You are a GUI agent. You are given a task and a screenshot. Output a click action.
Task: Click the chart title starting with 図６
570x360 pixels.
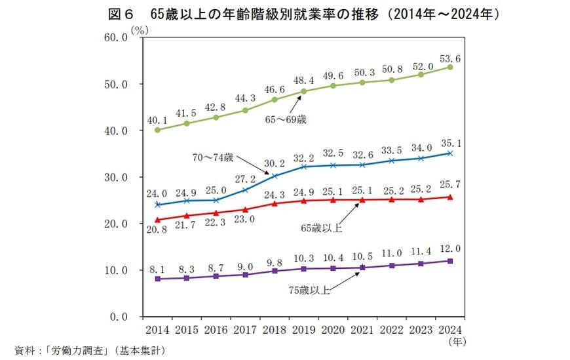pyautogui.click(x=285, y=13)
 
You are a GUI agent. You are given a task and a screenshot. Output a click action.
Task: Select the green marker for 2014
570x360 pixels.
pyautogui.click(x=157, y=130)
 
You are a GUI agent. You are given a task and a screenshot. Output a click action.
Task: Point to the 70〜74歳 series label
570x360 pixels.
pyautogui.click(x=212, y=157)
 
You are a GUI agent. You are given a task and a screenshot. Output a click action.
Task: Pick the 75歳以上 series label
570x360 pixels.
pyautogui.click(x=310, y=289)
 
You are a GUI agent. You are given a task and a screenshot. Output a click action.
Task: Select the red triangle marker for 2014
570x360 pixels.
pyautogui.click(x=157, y=220)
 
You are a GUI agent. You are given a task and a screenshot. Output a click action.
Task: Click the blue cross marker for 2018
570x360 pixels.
pyautogui.click(x=275, y=176)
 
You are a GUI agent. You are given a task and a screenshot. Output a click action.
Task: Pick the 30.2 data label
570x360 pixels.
pyautogui.click(x=274, y=164)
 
